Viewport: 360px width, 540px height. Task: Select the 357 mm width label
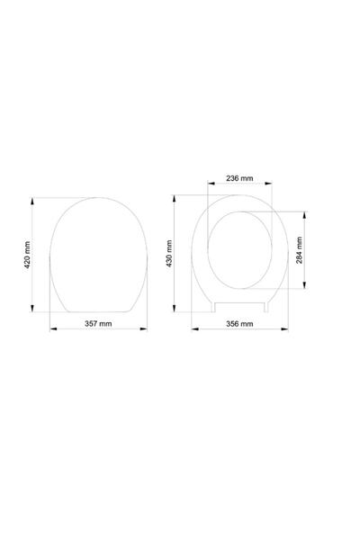pos(98,324)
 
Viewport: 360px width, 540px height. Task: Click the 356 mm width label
pos(239,324)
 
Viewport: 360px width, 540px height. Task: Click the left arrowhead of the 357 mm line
pos(52,329)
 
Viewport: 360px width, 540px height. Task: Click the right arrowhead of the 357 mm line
pos(147,329)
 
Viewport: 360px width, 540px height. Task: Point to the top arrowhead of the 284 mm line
pos(305,214)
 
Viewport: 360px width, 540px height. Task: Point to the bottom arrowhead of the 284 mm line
pos(305,289)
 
